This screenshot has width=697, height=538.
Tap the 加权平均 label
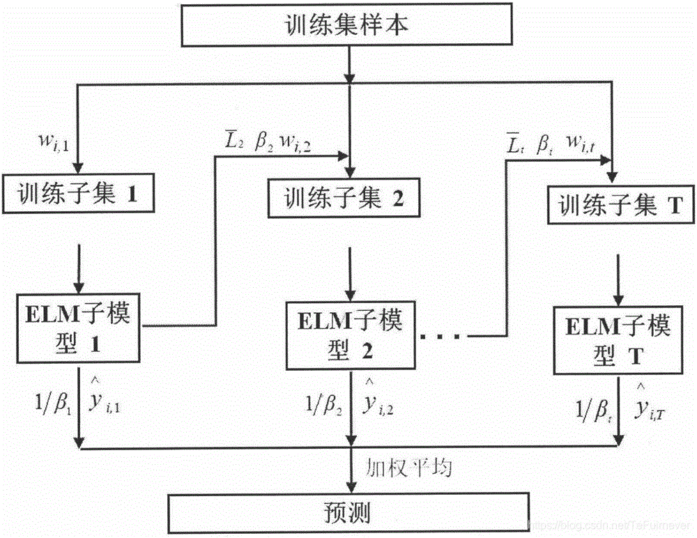pyautogui.click(x=409, y=467)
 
